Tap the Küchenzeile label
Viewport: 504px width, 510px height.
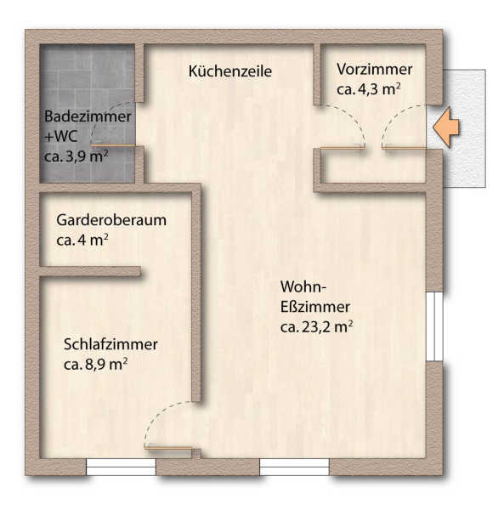pyautogui.click(x=229, y=72)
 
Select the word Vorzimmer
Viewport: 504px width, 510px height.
pyautogui.click(x=374, y=69)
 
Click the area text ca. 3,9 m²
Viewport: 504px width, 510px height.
pyautogui.click(x=76, y=156)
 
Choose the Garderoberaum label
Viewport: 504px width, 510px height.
pyautogui.click(x=111, y=220)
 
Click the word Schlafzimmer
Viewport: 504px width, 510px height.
pyautogui.click(x=110, y=344)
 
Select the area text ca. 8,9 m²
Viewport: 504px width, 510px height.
pyautogui.click(x=95, y=365)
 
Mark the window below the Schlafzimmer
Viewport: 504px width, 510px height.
pyautogui.click(x=121, y=467)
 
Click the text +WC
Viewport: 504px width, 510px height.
pyautogui.click(x=61, y=137)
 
